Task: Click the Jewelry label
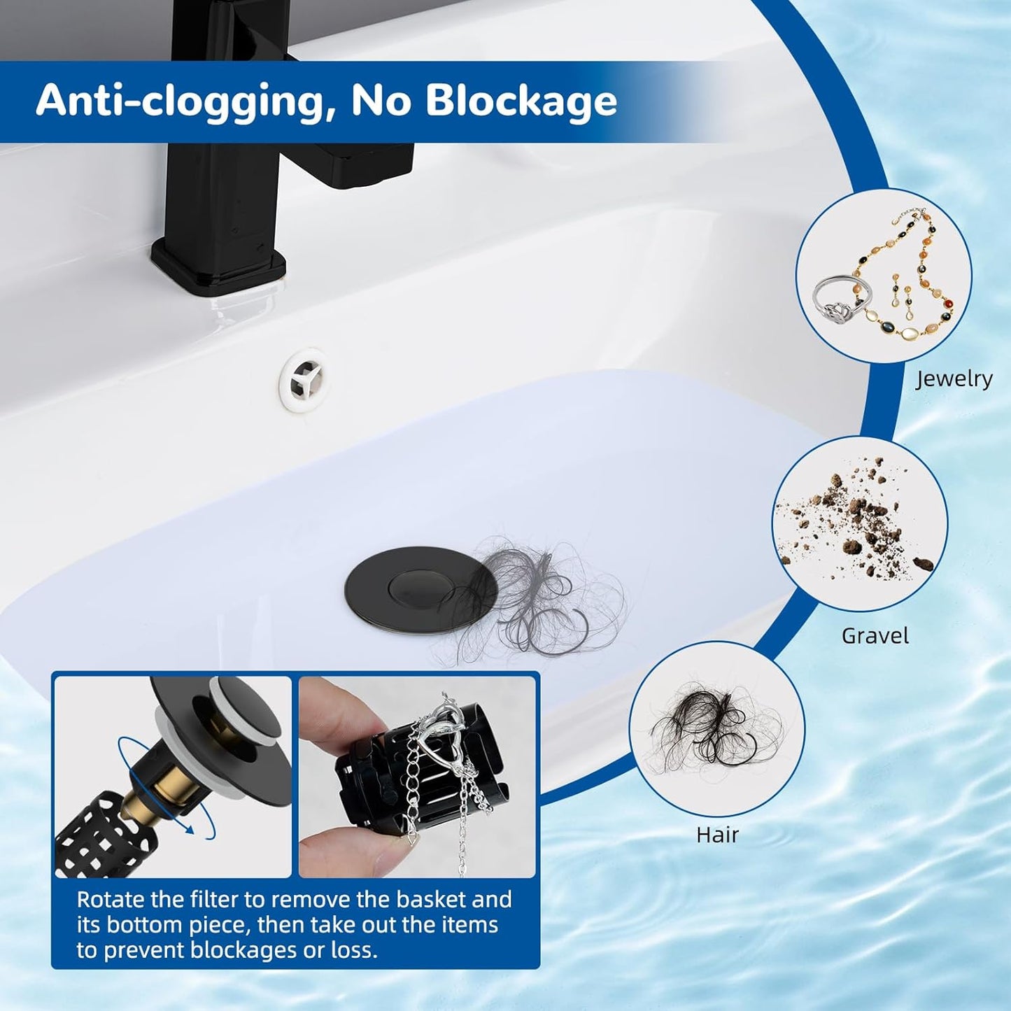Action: [954, 379]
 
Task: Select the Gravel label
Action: [875, 636]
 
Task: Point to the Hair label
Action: [717, 835]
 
